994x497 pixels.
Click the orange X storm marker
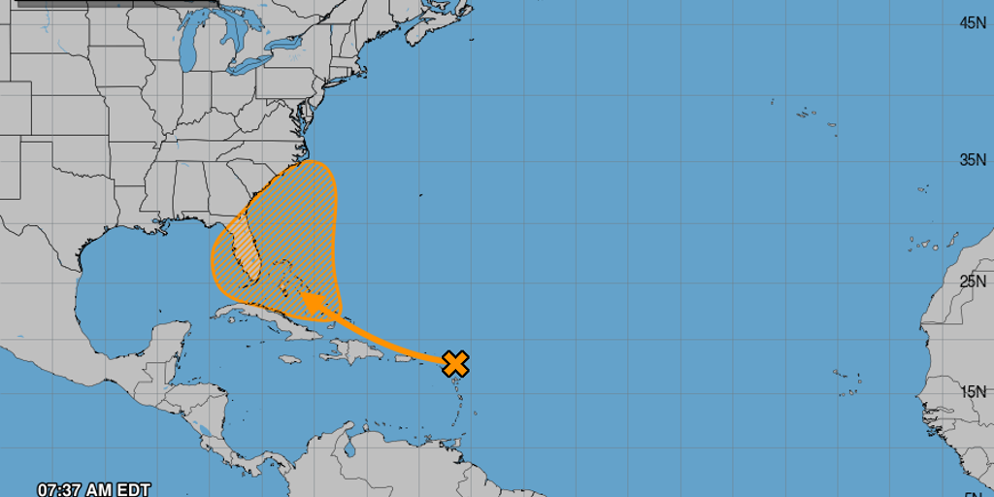tap(455, 364)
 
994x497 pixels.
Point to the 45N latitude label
tap(973, 22)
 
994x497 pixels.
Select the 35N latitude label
tap(973, 159)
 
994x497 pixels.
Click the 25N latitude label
tap(973, 282)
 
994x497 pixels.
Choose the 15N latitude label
tap(973, 391)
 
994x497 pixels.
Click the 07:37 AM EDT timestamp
tap(93, 489)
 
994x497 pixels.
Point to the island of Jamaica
tap(286, 359)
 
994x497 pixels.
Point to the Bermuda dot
tap(420, 195)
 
